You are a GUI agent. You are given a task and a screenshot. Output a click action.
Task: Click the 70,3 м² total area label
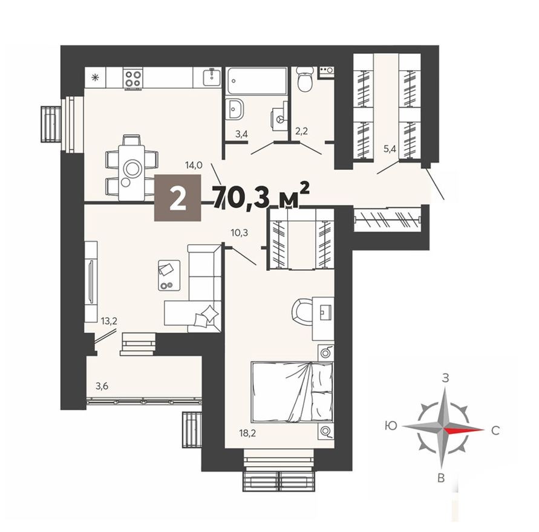pyautogui.click(x=261, y=195)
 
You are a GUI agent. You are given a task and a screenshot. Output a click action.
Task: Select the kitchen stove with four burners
pyautogui.click(x=133, y=77)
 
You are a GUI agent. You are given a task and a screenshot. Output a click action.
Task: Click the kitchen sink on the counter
pyautogui.click(x=211, y=77)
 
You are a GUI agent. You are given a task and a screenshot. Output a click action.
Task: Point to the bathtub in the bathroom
pyautogui.click(x=257, y=80)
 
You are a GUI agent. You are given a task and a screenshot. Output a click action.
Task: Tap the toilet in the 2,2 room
pyautogui.click(x=305, y=80)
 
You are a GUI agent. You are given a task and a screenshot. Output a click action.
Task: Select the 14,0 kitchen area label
pyautogui.click(x=194, y=163)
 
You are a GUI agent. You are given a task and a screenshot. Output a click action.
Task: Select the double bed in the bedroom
pyautogui.click(x=292, y=392)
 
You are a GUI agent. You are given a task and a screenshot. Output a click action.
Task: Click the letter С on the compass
pyautogui.click(x=495, y=431)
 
